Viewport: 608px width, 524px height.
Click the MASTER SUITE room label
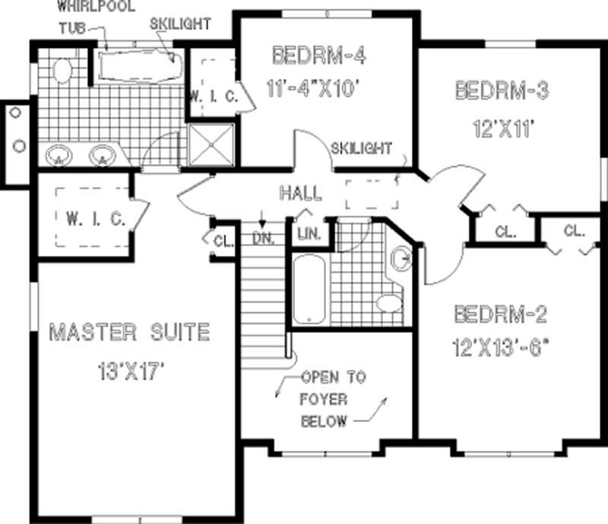click(x=128, y=332)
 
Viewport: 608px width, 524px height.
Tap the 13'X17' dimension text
click(x=131, y=372)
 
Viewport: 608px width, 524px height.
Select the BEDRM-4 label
click(x=315, y=55)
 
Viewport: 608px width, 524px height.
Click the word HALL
click(x=300, y=193)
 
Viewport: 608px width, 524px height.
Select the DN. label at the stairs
click(x=263, y=237)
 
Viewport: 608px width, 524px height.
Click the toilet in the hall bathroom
click(x=390, y=304)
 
